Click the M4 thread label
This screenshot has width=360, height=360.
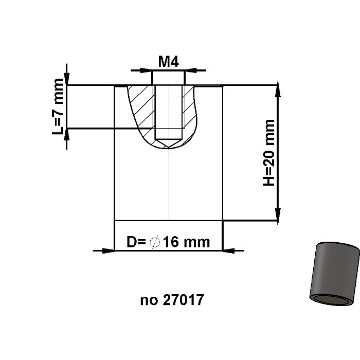tap(168, 62)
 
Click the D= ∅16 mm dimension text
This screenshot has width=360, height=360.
tap(168, 241)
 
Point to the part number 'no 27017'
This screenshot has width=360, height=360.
tap(172, 300)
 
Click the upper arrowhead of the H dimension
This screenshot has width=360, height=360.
tap(278, 91)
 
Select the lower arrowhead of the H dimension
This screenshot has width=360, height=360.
tap(278, 214)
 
